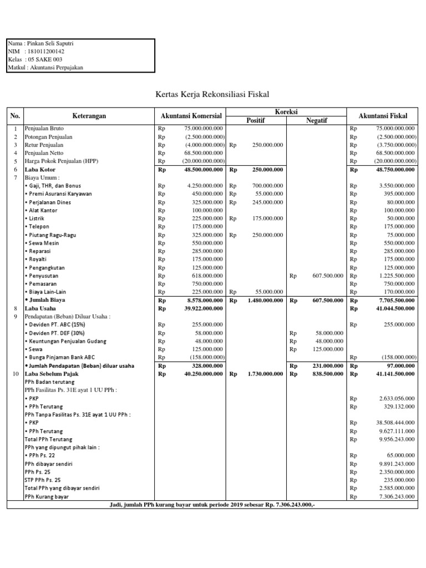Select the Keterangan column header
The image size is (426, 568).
[89, 116]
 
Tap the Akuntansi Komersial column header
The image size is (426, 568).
[191, 116]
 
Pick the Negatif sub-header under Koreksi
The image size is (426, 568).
[316, 120]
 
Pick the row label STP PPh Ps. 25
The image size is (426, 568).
[43, 480]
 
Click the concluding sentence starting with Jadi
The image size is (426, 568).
[213, 504]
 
